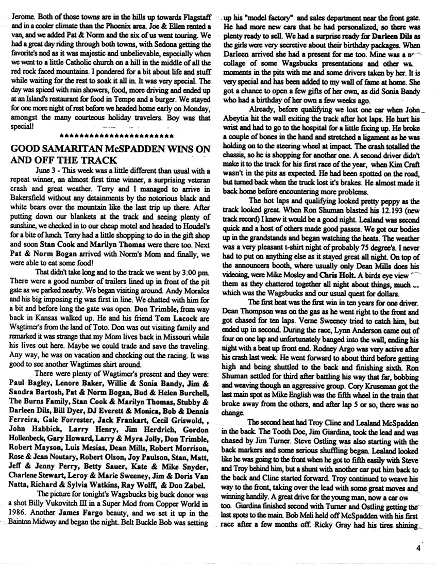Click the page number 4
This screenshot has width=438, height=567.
(421, 548)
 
